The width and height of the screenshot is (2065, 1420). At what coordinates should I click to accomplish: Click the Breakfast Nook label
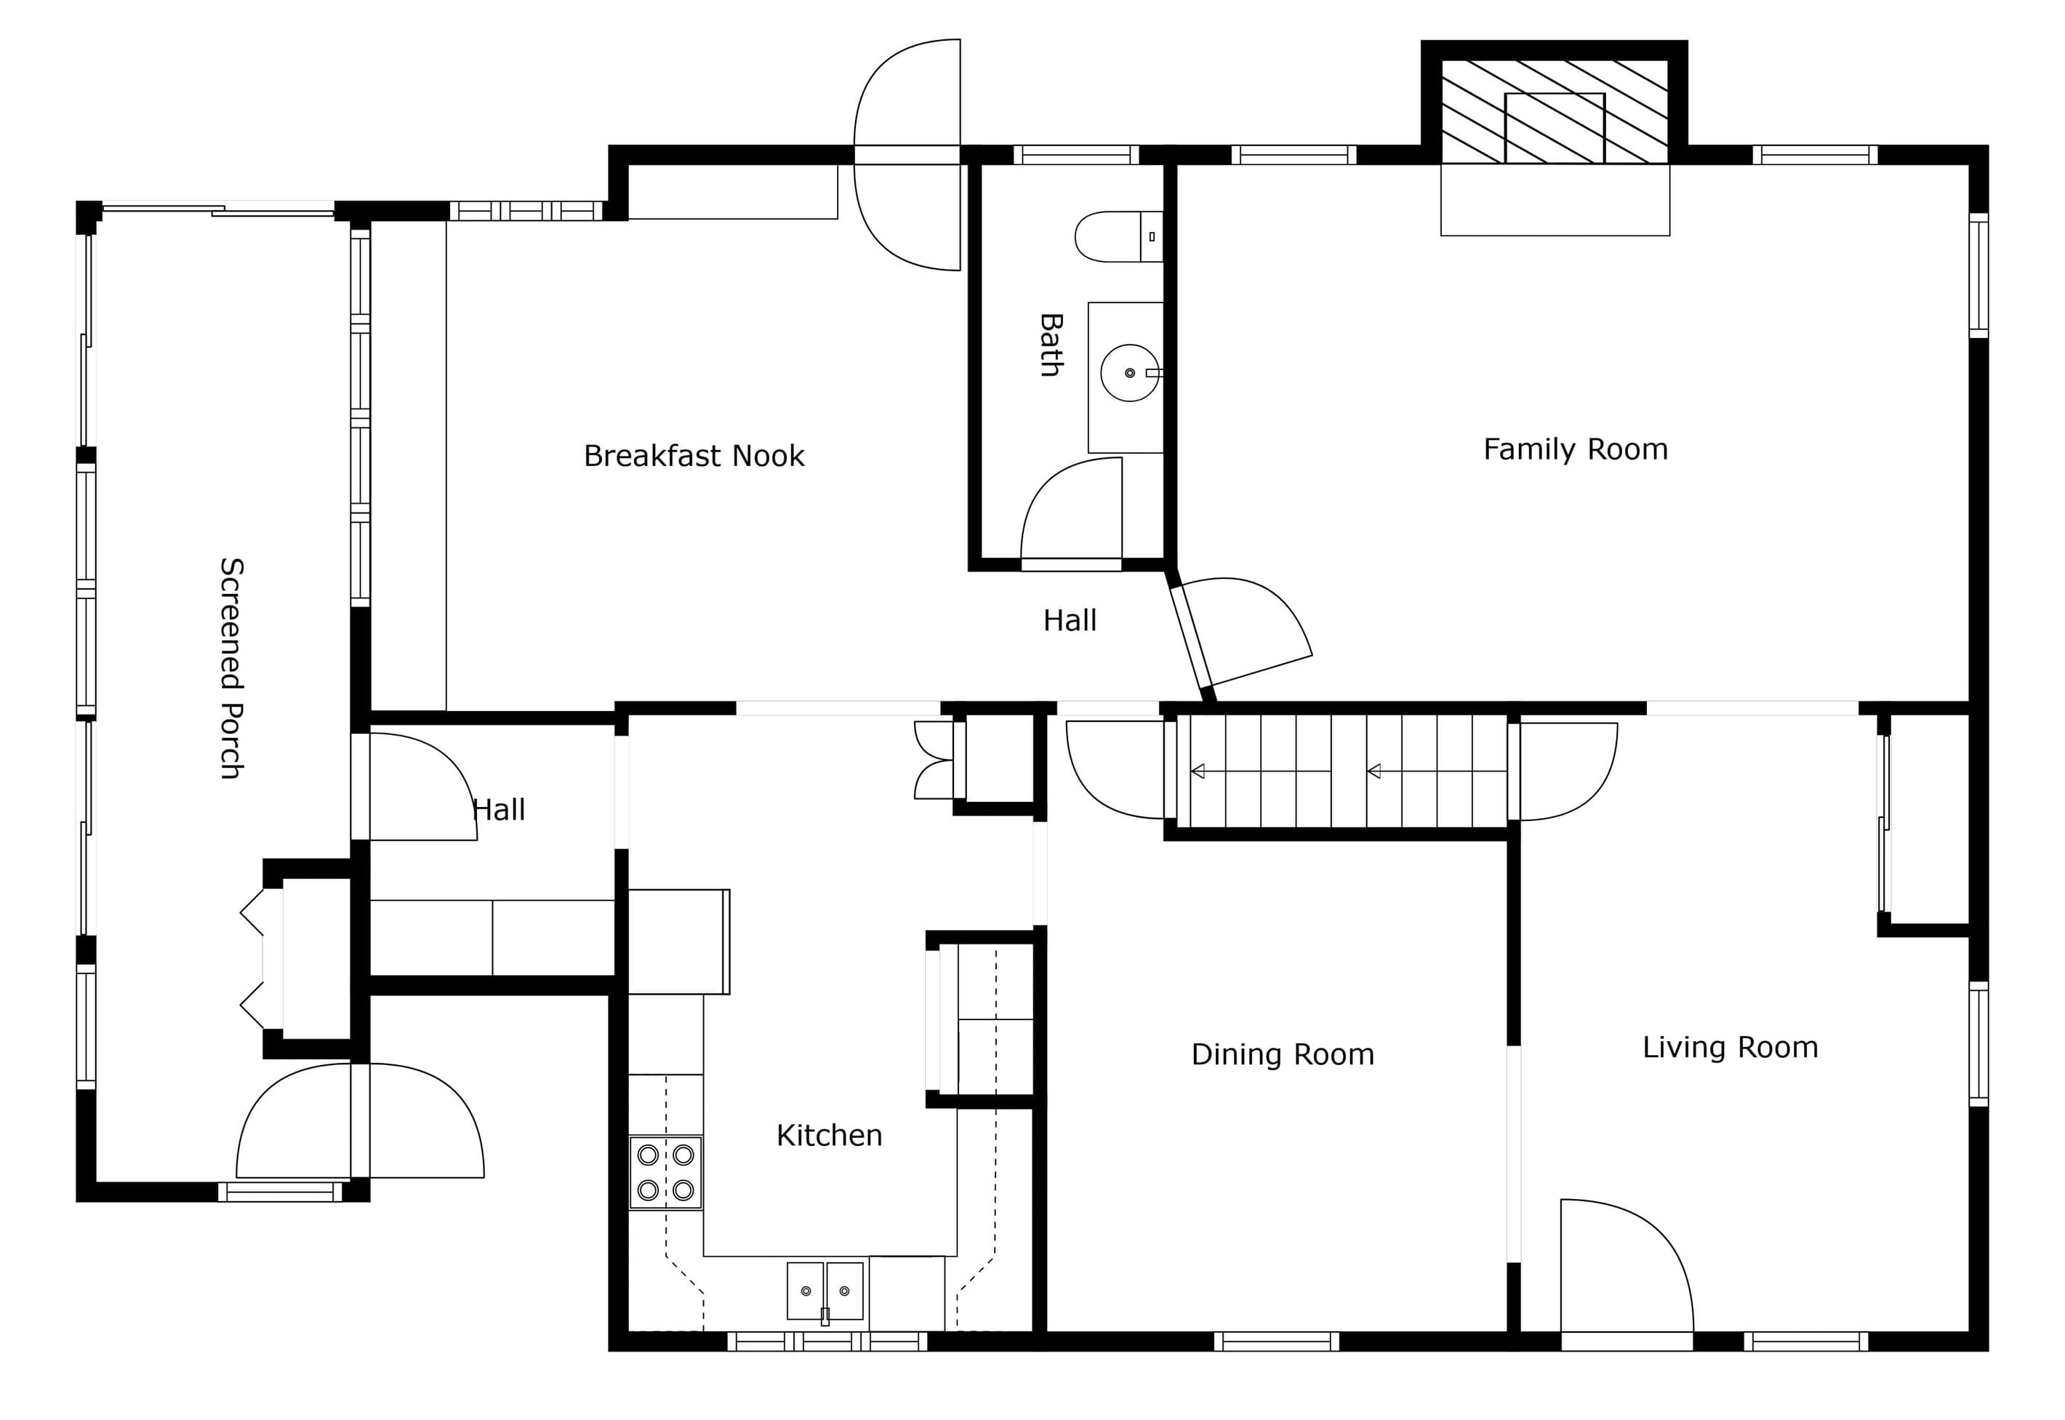[694, 456]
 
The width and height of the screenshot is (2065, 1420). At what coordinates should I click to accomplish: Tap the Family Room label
[1576, 449]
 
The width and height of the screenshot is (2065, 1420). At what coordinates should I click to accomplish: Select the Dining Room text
[1283, 1054]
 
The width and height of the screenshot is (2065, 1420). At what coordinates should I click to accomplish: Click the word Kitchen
[829, 1135]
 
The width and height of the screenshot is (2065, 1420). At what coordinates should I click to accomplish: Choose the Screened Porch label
[231, 668]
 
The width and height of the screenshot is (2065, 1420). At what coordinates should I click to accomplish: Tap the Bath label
[1051, 345]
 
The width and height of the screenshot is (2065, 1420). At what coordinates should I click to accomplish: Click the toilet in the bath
[1118, 237]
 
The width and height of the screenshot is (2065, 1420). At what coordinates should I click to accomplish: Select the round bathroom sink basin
[1130, 373]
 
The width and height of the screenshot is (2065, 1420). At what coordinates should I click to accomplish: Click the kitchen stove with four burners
[665, 1173]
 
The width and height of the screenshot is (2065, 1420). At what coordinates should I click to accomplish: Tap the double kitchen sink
[825, 1291]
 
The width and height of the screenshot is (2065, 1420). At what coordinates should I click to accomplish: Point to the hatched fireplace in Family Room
[1555, 111]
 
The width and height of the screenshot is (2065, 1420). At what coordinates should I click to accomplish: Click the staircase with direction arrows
[1342, 771]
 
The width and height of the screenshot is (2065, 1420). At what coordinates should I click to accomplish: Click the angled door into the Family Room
[1241, 633]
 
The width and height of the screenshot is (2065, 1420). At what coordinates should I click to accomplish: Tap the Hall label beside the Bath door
[1070, 620]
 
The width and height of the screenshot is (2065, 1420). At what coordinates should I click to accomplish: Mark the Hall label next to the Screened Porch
[499, 810]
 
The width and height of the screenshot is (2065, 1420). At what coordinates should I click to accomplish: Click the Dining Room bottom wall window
[1276, 1341]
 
